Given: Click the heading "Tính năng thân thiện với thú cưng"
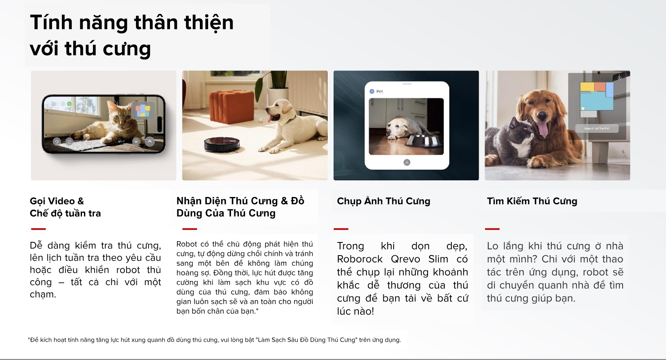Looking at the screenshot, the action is (x=132, y=35).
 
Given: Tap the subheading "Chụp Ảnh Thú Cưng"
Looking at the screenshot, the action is (x=383, y=201).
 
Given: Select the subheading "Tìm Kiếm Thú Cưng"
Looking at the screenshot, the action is (x=532, y=201).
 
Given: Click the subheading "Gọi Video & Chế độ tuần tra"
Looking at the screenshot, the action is (x=65, y=207).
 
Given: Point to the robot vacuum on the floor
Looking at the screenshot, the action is (x=222, y=144).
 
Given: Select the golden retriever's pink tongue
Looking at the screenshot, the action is (x=543, y=129).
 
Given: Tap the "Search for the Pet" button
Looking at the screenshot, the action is (x=596, y=129).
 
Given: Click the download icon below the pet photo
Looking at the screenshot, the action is (x=407, y=162).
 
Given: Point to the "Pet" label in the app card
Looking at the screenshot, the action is (x=380, y=91).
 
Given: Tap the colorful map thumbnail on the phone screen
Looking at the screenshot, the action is (x=143, y=111).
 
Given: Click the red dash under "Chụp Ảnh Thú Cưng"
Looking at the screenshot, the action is (x=341, y=229).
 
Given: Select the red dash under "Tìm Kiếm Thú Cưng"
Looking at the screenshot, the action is (x=492, y=229).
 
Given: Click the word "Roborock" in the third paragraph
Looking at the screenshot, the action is (x=360, y=259).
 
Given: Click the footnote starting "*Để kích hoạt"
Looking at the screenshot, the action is (x=214, y=340).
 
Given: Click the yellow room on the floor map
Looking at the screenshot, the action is (x=587, y=87).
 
